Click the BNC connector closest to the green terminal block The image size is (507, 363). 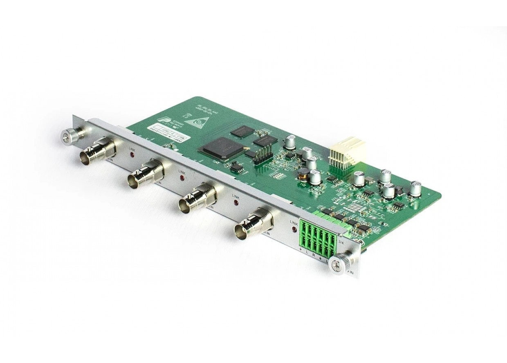(x=249, y=225)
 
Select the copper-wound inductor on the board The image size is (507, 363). (x=303, y=176)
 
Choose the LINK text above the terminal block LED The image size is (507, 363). (x=293, y=222)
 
